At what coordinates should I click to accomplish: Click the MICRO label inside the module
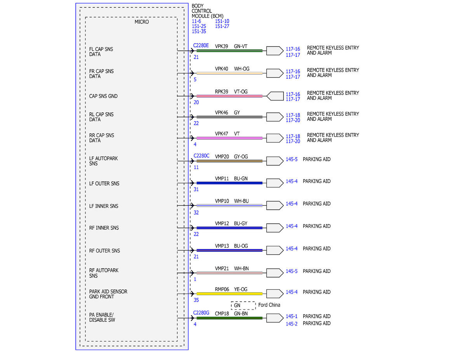pyautogui.click(x=141, y=22)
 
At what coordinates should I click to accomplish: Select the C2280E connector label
pyautogui.click(x=201, y=45)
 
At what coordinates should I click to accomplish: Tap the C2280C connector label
pyautogui.click(x=201, y=156)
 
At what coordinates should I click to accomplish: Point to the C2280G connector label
pyautogui.click(x=201, y=313)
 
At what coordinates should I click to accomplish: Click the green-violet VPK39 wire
pyautogui.click(x=229, y=51)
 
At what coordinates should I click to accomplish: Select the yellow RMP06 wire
pyautogui.click(x=229, y=294)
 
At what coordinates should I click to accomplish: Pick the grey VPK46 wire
pyautogui.click(x=229, y=117)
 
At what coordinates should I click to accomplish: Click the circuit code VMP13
pyautogui.click(x=222, y=246)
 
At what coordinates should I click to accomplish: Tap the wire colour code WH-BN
pyautogui.click(x=241, y=268)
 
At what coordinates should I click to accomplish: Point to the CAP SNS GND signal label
pyautogui.click(x=103, y=96)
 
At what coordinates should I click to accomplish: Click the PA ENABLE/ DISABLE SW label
pyautogui.click(x=102, y=317)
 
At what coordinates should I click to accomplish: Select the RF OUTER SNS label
pyautogui.click(x=104, y=250)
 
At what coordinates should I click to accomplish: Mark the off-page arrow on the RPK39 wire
pyautogui.click(x=275, y=96)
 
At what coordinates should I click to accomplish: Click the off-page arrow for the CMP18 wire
pyautogui.click(x=275, y=318)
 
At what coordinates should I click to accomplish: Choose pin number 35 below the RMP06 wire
pyautogui.click(x=196, y=300)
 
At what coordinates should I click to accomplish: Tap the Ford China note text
pyautogui.click(x=269, y=305)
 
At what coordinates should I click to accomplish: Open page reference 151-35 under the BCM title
pyautogui.click(x=199, y=31)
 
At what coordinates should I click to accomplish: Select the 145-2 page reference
pyautogui.click(x=291, y=324)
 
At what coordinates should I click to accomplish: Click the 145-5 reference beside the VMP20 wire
pyautogui.click(x=291, y=159)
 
